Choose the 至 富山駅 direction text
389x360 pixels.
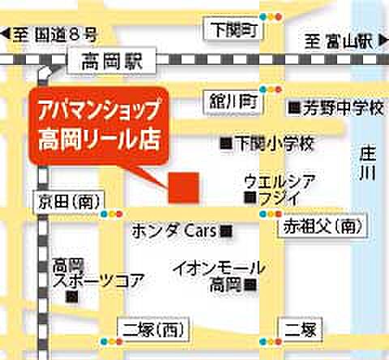point(340,38)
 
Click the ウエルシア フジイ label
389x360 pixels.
point(280,188)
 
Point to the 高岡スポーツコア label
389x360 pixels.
point(96,273)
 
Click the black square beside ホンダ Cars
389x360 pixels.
point(226,232)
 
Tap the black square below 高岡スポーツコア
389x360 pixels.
point(73,298)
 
